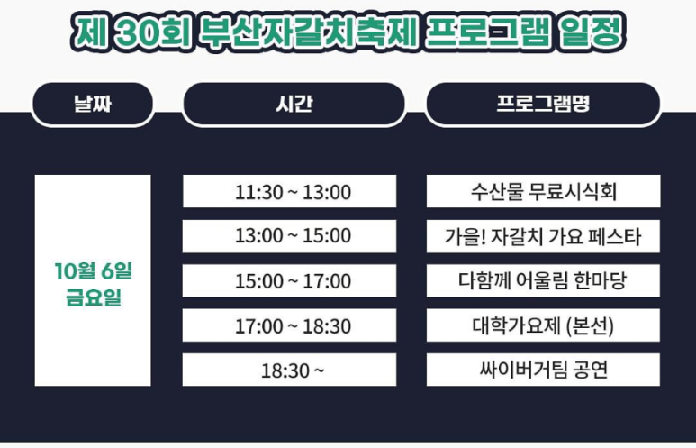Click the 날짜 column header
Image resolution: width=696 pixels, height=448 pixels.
pos(92,105)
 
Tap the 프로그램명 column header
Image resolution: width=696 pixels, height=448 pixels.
pos(542,105)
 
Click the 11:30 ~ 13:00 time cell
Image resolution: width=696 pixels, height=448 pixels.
pos(289,192)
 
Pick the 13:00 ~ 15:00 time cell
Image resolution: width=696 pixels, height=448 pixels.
pos(289,236)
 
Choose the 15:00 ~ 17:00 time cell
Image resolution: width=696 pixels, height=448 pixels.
pos(289,281)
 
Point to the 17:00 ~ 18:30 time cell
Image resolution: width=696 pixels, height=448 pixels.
pos(289,325)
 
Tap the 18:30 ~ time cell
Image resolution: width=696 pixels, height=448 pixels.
pos(289,370)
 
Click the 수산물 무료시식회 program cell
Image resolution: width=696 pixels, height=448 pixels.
pos(543,192)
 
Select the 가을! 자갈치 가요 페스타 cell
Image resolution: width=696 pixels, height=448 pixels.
pos(543,237)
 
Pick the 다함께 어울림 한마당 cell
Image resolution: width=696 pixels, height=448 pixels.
pos(543,281)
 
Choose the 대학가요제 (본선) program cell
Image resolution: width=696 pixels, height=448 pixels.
pos(543,325)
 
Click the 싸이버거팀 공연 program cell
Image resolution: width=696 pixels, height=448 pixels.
pos(543,370)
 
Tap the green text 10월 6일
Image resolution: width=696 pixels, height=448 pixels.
pos(93,270)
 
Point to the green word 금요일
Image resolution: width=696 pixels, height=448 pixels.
pos(93,297)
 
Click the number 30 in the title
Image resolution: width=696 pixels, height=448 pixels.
pos(142,34)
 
